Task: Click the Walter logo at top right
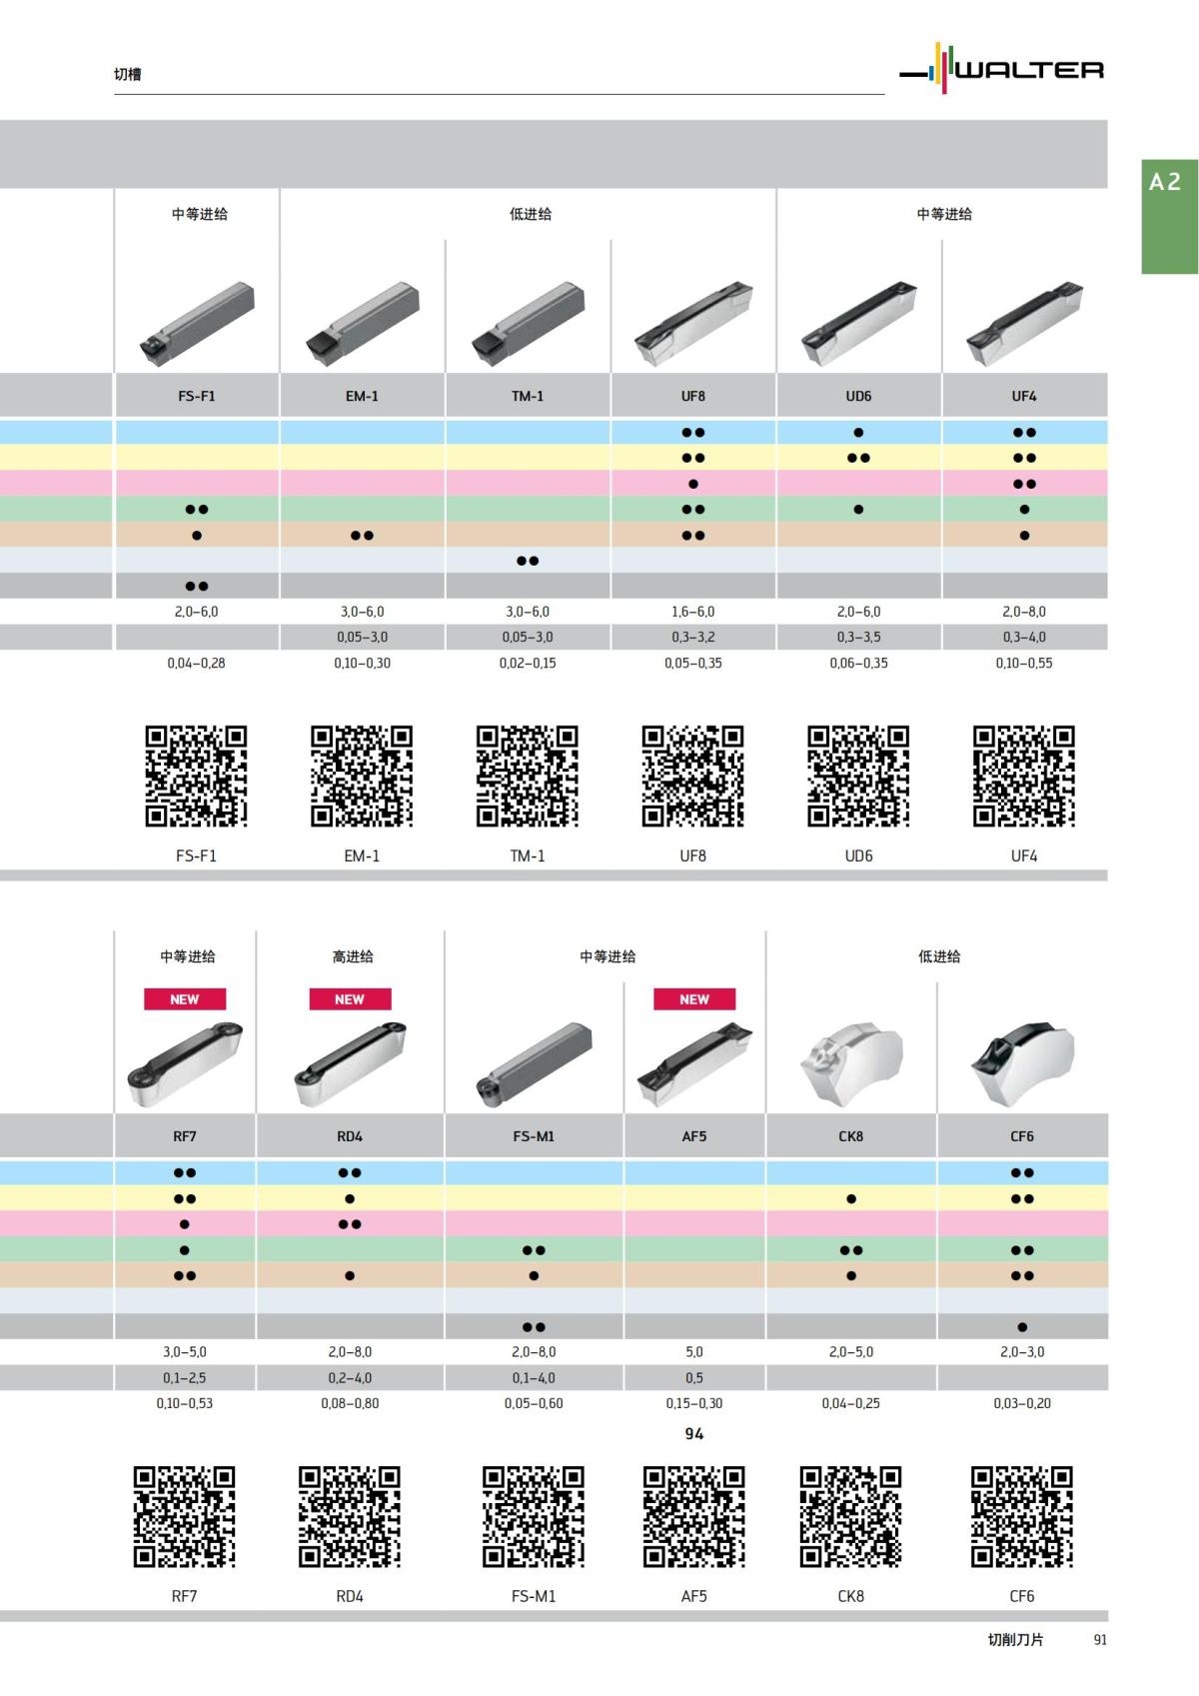coord(1002,69)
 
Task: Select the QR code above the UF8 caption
coord(692,777)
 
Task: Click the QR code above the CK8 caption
coord(850,1516)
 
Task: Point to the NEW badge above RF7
coord(185,999)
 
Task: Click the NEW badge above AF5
coord(694,999)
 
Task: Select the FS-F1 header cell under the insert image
coord(197,396)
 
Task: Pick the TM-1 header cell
coord(528,396)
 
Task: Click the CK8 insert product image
coord(851,1062)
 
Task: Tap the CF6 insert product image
coord(1022,1062)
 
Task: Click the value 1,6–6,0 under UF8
coord(692,612)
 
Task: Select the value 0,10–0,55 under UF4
coord(1023,663)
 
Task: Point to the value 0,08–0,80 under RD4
coord(350,1403)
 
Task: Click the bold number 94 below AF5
coord(694,1434)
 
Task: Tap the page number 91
coord(1100,1640)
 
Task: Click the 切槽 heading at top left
coord(127,74)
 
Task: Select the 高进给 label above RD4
coord(352,956)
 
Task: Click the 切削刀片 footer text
coord(1015,1640)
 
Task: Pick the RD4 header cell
coord(350,1136)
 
